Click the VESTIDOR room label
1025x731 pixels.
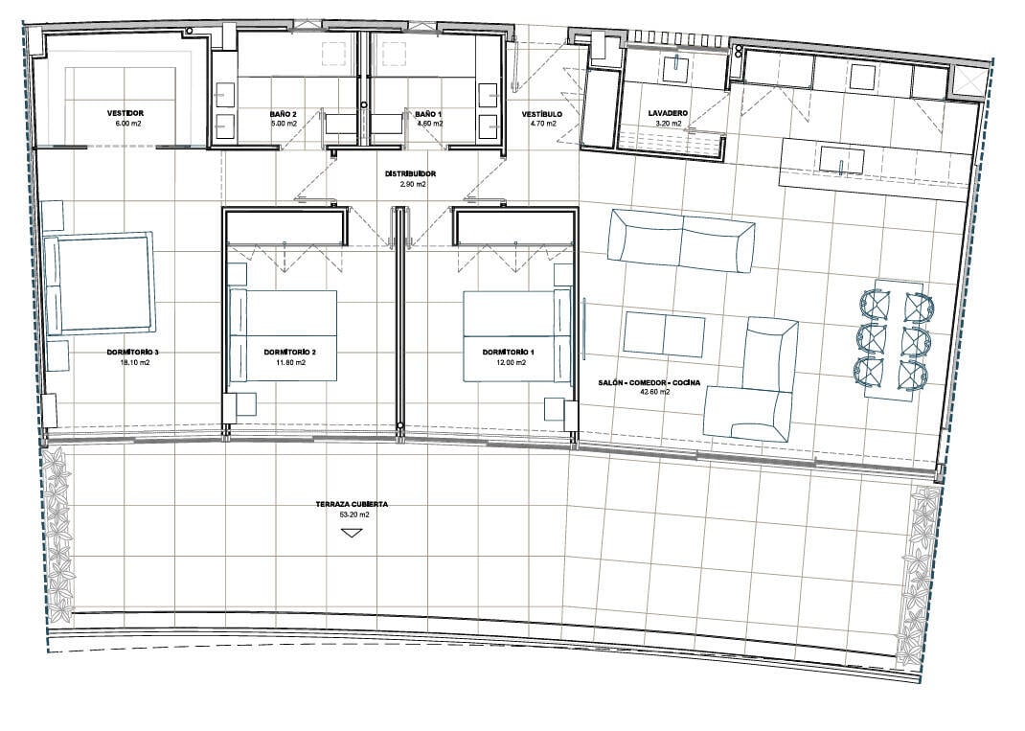[x=125, y=113]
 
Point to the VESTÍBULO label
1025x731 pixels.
[x=542, y=114]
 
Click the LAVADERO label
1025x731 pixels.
[x=668, y=113]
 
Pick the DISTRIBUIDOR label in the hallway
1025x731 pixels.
[x=411, y=174]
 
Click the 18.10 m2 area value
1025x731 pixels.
[x=133, y=362]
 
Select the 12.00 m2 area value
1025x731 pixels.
[x=511, y=362]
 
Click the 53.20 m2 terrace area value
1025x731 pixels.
[x=353, y=514]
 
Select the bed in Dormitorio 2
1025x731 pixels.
[x=283, y=335]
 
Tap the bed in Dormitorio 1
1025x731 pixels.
[x=517, y=335]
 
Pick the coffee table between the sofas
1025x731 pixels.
[x=664, y=334]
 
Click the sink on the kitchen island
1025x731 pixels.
[x=842, y=160]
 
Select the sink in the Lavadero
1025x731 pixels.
[x=675, y=69]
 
